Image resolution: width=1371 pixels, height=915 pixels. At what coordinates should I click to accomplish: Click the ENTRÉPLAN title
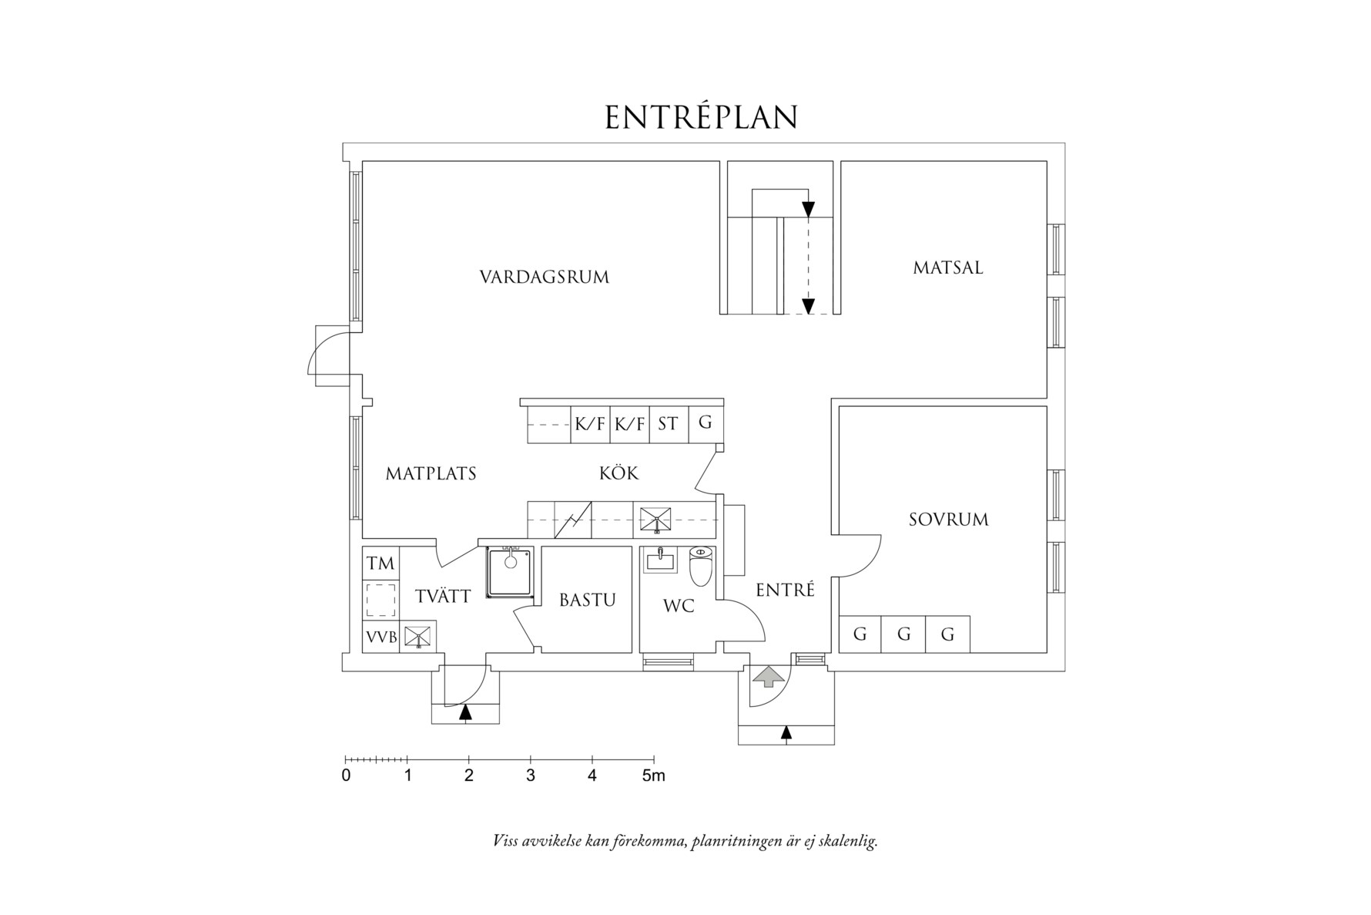tap(701, 118)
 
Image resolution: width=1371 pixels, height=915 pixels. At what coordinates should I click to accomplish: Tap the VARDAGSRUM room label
tap(544, 277)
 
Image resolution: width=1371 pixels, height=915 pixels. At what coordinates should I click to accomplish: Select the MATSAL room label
tap(947, 267)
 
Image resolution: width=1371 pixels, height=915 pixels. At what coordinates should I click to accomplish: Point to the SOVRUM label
tap(948, 520)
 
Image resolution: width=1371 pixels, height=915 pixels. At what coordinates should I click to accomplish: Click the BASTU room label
tap(587, 600)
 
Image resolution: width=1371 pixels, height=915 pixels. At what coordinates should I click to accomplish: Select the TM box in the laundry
tap(380, 563)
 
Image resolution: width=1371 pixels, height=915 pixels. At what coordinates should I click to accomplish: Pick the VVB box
tap(380, 637)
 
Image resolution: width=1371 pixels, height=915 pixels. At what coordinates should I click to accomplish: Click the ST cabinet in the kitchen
tap(668, 424)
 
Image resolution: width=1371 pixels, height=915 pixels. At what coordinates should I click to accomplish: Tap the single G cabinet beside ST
tap(705, 422)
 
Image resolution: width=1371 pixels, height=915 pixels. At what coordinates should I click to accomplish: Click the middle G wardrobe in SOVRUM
tap(903, 634)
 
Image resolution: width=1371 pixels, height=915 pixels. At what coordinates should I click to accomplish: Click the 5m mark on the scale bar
tap(653, 775)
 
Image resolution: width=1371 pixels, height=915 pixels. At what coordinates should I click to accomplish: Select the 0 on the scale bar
tap(346, 775)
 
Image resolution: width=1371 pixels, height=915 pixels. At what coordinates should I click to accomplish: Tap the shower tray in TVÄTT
tap(509, 572)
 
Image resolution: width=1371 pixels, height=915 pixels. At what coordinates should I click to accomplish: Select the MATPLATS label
tap(431, 473)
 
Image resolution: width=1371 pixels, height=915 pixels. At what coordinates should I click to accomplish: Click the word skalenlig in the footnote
tap(850, 841)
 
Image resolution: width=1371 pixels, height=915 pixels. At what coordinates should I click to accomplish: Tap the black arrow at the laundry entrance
tap(464, 714)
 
